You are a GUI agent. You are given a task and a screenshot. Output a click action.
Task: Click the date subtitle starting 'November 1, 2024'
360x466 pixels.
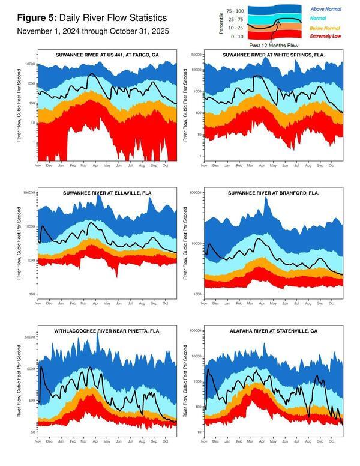pos(92,31)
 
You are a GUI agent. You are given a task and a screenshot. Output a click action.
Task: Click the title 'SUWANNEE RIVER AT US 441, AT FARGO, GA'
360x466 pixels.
pos(106,55)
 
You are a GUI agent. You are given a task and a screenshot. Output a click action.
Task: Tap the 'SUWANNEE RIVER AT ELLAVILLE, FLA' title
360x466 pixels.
pos(106,193)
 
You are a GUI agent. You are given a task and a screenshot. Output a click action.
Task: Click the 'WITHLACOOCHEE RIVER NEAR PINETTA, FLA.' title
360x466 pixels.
pos(106,331)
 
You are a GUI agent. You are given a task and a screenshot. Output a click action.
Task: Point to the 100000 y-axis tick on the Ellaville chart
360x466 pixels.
pos(27,193)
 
